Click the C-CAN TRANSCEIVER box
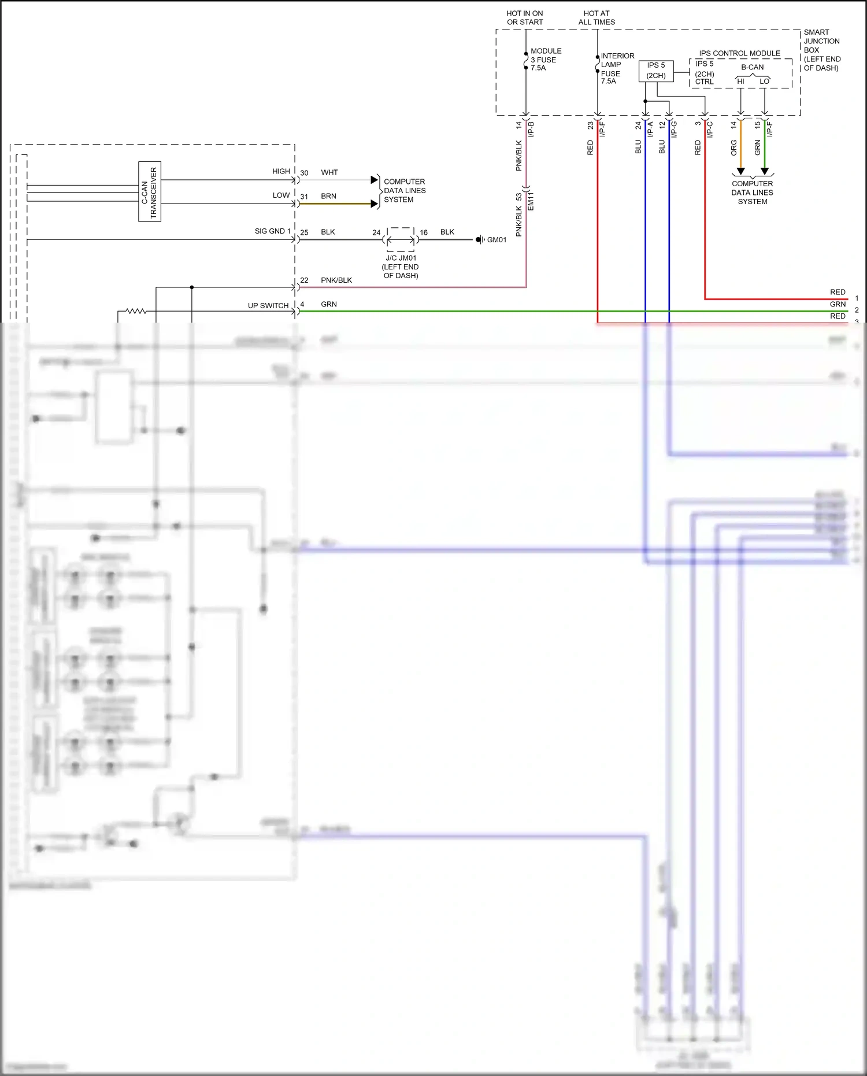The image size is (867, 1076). [150, 191]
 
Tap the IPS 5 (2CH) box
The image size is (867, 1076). [655, 71]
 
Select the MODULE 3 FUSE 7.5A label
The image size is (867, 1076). [546, 60]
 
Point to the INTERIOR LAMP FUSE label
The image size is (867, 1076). [617, 68]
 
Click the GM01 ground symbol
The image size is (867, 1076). [479, 239]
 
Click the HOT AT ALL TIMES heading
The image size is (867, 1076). [596, 17]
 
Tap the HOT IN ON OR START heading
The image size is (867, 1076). [525, 17]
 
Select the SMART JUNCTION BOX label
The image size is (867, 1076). [821, 50]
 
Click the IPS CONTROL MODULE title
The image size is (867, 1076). [739, 53]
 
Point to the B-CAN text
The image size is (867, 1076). [752, 67]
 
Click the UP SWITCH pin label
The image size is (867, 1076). [268, 305]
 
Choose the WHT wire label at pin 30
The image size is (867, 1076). [329, 172]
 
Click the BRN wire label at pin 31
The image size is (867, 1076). [328, 196]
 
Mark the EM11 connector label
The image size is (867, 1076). [531, 201]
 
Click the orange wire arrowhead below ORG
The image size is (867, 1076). [740, 171]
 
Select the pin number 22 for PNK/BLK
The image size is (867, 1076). [304, 280]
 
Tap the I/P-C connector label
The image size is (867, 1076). [710, 129]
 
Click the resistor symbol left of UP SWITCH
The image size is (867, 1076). [136, 311]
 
